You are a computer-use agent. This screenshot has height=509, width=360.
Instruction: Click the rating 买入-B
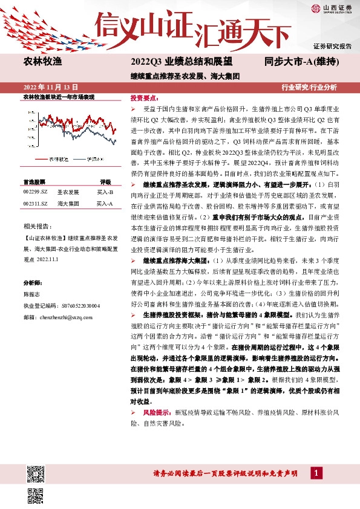point(105,192)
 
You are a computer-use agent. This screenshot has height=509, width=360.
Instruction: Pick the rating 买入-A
point(105,204)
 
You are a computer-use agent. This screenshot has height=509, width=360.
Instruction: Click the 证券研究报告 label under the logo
point(332,46)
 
